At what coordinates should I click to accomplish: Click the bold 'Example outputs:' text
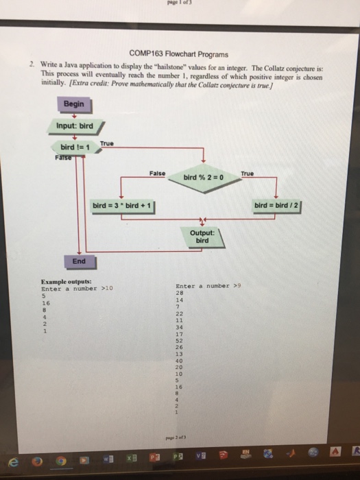pos(66,282)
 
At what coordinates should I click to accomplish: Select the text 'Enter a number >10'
pos(77,289)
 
